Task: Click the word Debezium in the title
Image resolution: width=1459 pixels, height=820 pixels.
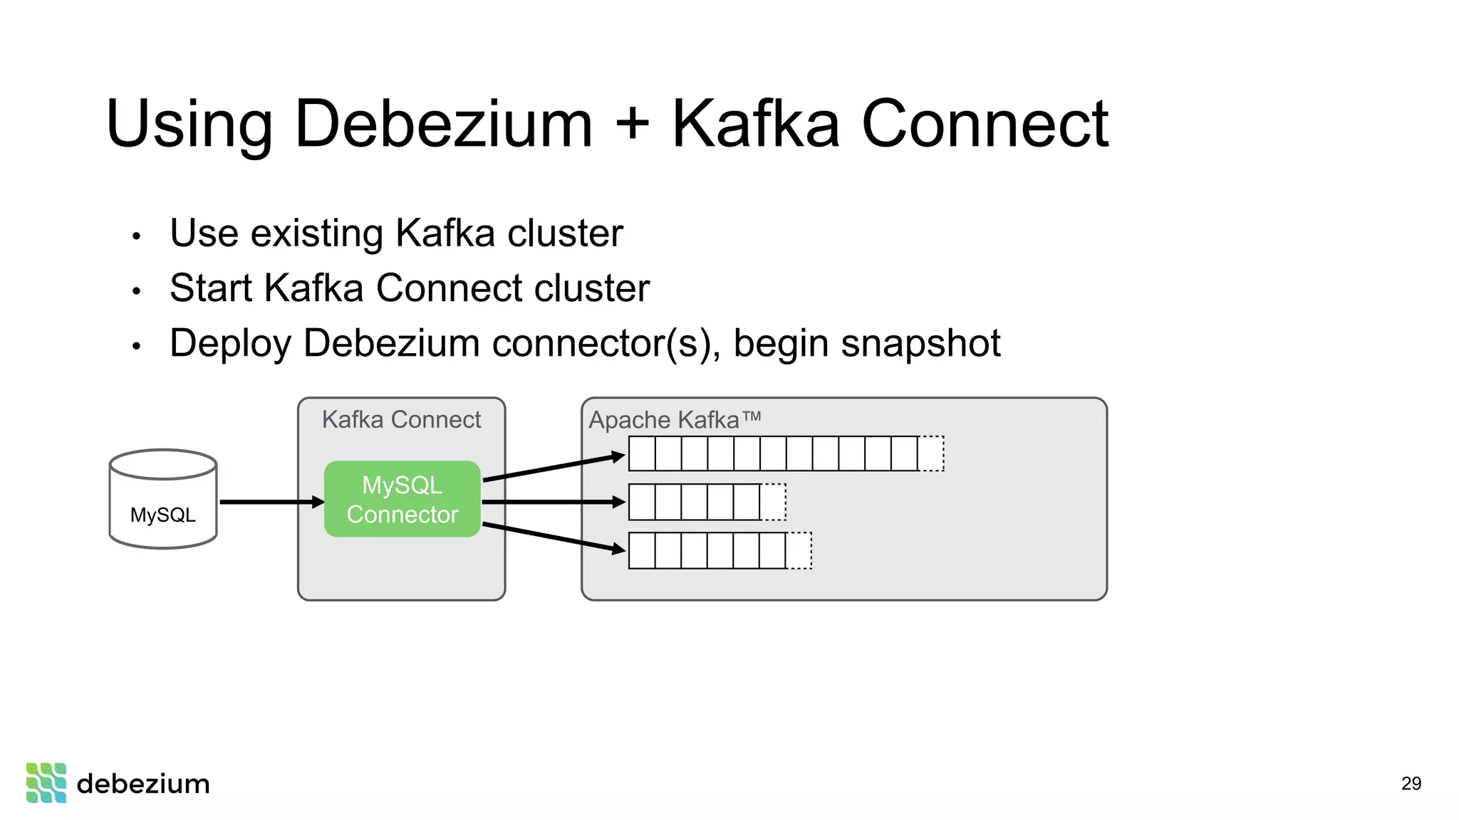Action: [442, 124]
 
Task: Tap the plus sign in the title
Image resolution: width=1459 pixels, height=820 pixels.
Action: [633, 124]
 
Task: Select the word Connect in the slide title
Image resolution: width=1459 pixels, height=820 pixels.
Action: [985, 124]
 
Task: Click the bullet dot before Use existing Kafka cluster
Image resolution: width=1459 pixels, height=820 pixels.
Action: [137, 236]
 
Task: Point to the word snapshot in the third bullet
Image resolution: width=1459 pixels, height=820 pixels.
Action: [920, 343]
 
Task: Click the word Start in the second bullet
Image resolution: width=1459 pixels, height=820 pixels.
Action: [211, 288]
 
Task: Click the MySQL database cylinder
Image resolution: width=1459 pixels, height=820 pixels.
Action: [163, 499]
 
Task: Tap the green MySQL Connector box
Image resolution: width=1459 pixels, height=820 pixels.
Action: [402, 499]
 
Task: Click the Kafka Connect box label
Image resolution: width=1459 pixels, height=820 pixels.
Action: [401, 420]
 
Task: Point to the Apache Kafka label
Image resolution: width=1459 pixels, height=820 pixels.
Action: [674, 420]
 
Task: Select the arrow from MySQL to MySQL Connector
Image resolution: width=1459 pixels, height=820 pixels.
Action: [271, 503]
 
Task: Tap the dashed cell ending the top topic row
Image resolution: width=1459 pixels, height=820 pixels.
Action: [930, 454]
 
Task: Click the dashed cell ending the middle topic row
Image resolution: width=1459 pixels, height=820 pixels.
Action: [773, 503]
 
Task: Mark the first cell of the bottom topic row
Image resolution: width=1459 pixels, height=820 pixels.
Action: [642, 551]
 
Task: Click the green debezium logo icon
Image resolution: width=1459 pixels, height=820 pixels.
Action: [46, 783]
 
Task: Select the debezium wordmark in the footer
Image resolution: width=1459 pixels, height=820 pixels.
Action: [143, 784]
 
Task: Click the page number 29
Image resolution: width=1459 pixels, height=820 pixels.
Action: [1411, 784]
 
